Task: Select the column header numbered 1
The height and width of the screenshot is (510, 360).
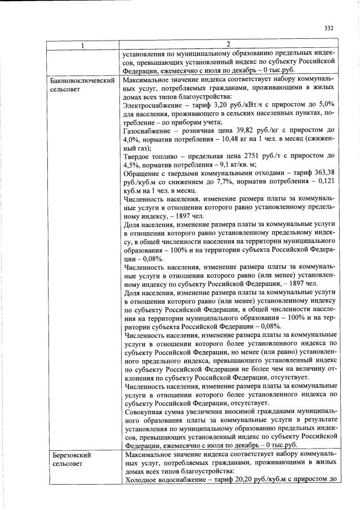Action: coord(82,45)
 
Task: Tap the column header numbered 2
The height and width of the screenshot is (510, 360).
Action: coord(228,44)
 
